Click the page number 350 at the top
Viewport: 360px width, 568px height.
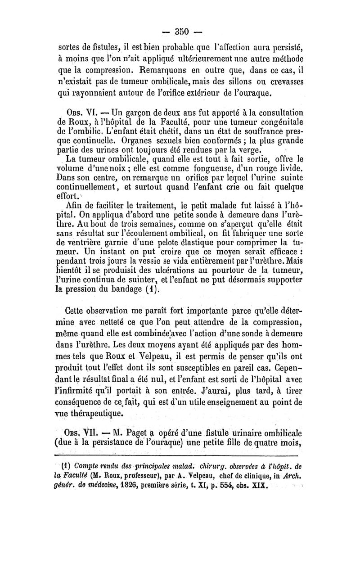tap(180, 32)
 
